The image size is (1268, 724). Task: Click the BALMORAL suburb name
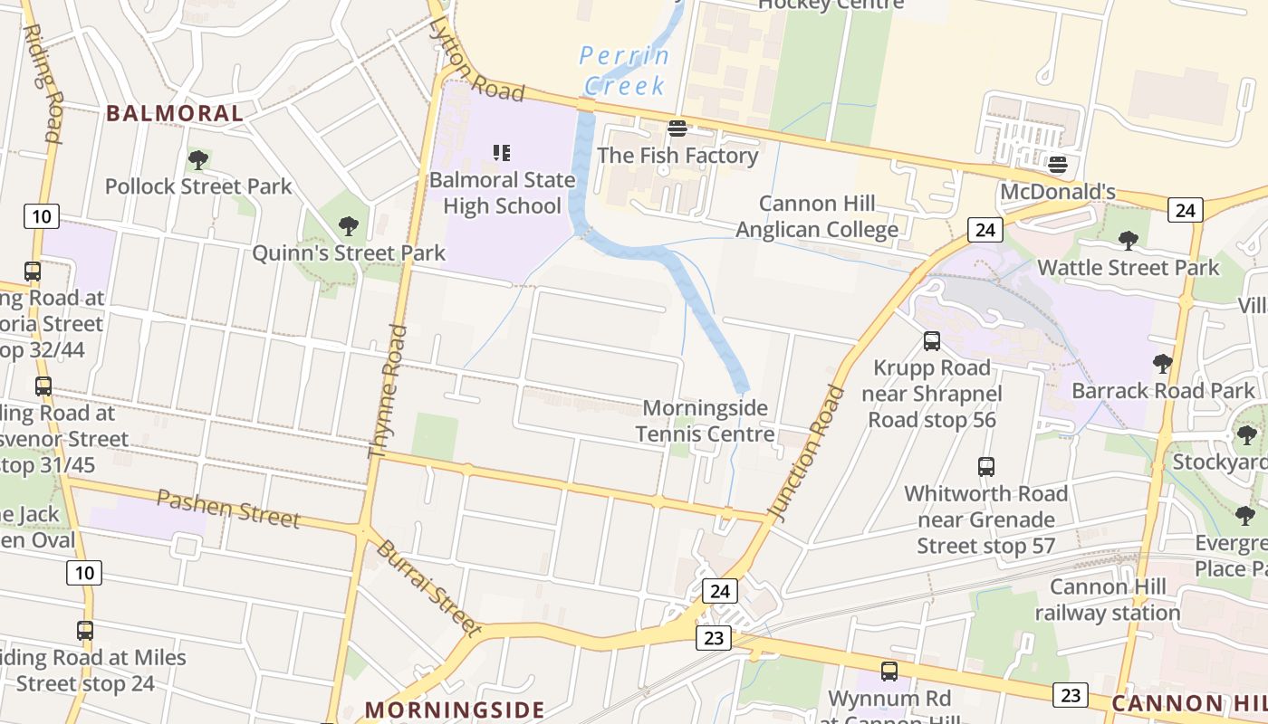[175, 113]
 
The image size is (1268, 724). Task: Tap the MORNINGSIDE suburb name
[455, 710]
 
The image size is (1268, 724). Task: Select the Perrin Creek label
[625, 71]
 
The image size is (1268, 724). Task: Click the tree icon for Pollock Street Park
[198, 160]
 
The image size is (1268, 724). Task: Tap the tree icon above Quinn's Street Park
[348, 226]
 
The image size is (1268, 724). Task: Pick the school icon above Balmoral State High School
[502, 152]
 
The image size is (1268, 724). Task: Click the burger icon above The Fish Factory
[677, 129]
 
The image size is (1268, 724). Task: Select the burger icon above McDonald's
[1057, 166]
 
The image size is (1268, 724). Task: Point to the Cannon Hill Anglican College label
[817, 216]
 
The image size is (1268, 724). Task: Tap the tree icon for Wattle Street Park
[1128, 241]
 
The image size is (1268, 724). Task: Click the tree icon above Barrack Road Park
[1163, 364]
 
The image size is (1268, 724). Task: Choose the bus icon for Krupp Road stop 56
[932, 341]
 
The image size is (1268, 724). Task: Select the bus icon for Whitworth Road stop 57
[986, 467]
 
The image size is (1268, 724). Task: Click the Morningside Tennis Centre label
[705, 421]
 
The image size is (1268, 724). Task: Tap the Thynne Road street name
[387, 391]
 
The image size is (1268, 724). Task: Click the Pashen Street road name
[227, 508]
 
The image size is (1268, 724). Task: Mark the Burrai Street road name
[427, 587]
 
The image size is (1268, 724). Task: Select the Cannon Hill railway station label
[1108, 599]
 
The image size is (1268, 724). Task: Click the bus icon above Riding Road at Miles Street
[85, 631]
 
